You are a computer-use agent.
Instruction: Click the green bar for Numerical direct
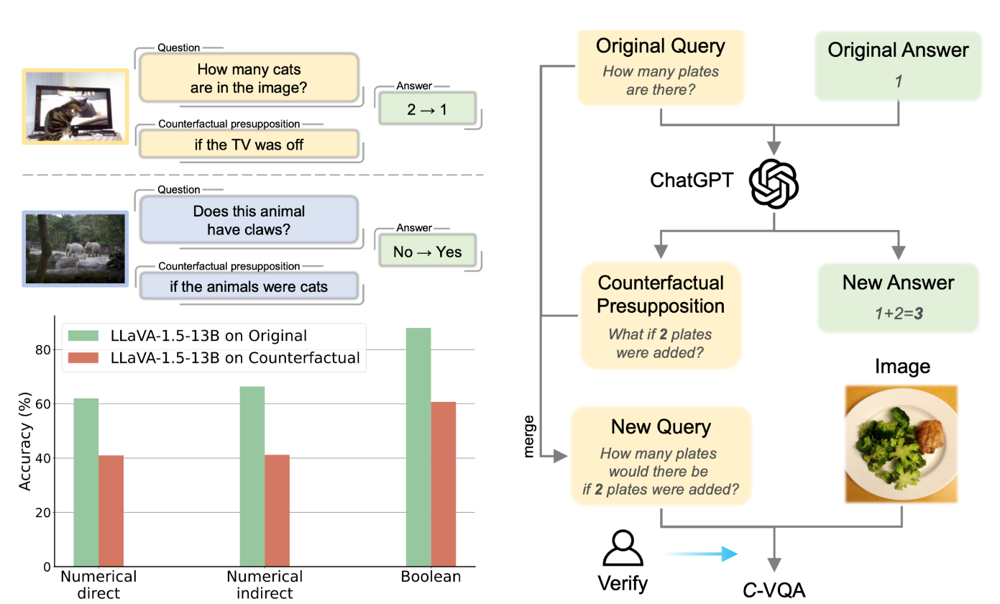pos(86,482)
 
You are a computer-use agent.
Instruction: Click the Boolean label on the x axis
pos(431,577)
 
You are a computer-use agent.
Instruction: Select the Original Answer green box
pos(898,65)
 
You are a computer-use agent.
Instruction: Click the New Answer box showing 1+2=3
pos(898,298)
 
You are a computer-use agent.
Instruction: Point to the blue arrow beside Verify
pos(701,553)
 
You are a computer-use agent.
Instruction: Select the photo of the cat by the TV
pos(75,106)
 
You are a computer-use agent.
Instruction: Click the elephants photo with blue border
pos(76,248)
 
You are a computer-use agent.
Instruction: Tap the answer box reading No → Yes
pos(428,252)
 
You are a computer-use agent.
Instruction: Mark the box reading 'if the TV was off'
pos(249,145)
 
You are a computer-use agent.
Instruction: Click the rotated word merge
pos(530,436)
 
